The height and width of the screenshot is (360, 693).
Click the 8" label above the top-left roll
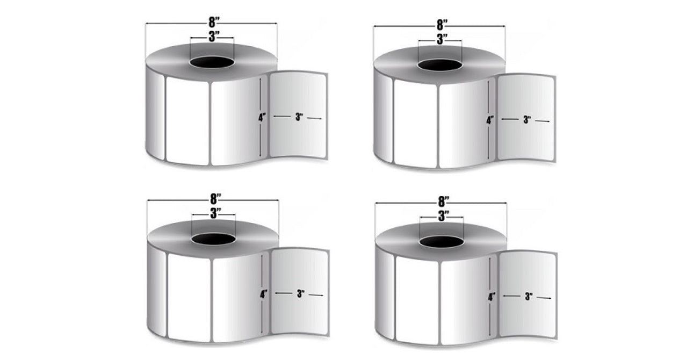pos(214,22)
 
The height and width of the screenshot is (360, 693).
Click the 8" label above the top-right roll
pos(442,25)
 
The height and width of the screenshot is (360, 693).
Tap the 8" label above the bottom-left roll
pos(215,199)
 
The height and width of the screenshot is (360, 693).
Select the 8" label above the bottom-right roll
pos(443,201)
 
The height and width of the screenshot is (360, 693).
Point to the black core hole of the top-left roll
pos(212,62)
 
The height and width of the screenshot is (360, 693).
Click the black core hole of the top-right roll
pos(439,65)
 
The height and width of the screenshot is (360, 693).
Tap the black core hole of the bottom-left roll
pos(213,239)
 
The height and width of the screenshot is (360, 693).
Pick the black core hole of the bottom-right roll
pos(442,242)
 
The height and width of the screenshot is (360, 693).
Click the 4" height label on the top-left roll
pos(262,118)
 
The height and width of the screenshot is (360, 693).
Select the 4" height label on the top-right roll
pos(490,120)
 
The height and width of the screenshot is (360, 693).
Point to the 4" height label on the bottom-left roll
pos(263,294)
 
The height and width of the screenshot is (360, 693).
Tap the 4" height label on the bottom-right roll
pos(492,297)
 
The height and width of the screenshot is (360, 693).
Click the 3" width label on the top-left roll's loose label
pos(299,117)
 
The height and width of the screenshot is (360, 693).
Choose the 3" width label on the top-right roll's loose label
pos(527,120)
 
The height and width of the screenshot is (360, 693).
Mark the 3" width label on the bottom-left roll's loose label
pos(300,294)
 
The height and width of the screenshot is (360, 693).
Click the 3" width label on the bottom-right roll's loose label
pos(529,296)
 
